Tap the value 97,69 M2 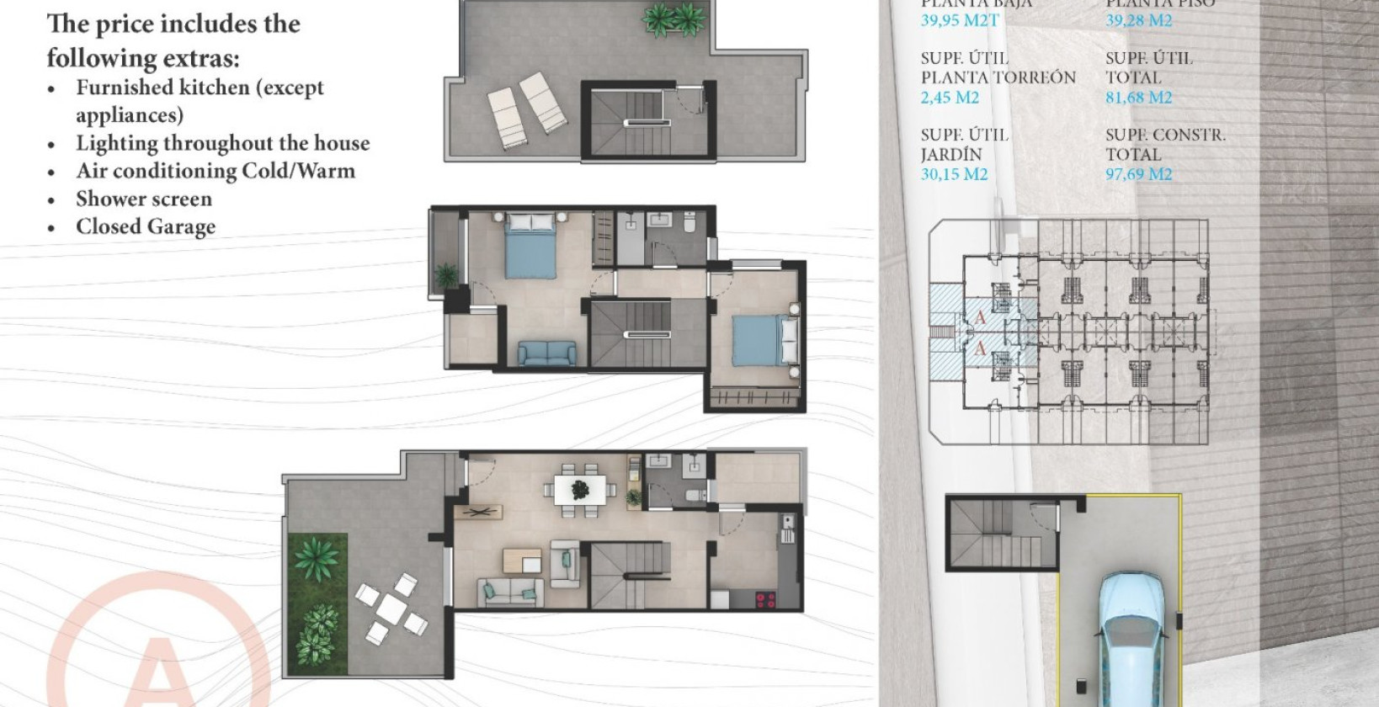[x=1138, y=174]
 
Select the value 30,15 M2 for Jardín [x=954, y=174]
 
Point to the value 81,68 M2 [x=1138, y=98]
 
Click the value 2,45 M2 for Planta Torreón [x=950, y=98]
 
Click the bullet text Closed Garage [x=146, y=227]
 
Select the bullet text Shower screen [x=144, y=199]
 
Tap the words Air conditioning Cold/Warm [x=216, y=171]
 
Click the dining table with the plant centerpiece [x=580, y=489]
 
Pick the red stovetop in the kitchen [x=765, y=600]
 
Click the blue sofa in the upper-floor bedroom [x=547, y=352]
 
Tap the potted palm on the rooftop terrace [x=674, y=19]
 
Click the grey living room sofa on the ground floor [x=510, y=592]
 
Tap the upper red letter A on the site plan [x=980, y=317]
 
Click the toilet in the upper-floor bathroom [x=689, y=224]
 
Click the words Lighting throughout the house [x=223, y=143]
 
